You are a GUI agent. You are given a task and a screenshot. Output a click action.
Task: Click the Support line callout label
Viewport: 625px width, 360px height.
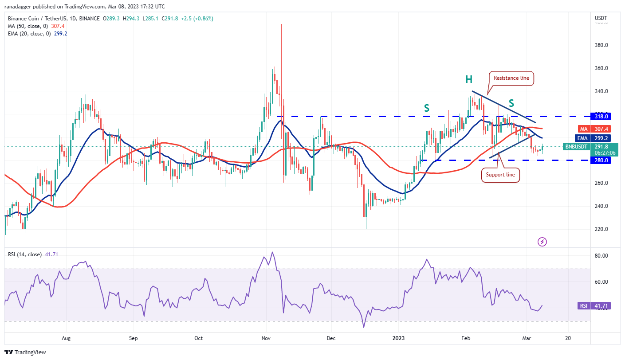[500, 175]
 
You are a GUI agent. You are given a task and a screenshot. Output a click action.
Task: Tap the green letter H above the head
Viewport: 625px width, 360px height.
[469, 80]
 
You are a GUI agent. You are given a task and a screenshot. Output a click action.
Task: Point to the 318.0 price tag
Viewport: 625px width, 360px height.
[602, 116]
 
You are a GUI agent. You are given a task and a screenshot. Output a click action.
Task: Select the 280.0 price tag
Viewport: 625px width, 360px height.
[602, 160]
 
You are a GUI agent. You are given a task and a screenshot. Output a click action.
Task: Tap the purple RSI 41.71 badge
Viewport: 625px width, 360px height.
[595, 306]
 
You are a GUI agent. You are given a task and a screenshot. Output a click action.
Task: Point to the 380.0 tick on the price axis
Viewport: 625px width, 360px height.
[601, 45]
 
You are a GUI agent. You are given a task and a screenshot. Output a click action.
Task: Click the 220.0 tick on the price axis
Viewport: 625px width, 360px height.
[601, 229]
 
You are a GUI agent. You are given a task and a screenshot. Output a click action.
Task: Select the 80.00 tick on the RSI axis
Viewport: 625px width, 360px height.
[601, 256]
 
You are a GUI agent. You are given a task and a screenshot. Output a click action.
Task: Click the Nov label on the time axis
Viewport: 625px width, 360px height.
[266, 338]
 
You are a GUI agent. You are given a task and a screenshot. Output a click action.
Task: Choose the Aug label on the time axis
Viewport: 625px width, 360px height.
[66, 338]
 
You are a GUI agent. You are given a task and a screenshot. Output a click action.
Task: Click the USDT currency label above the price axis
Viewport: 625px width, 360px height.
[601, 18]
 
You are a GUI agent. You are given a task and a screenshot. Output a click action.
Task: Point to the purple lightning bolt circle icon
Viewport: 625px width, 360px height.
[542, 242]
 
